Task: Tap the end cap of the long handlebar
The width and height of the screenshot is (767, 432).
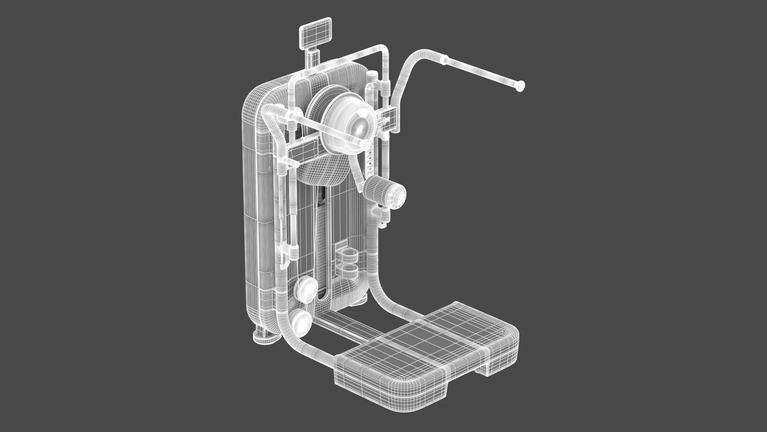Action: (x=520, y=86)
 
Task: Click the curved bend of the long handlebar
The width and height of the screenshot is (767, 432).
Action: (x=414, y=61)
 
